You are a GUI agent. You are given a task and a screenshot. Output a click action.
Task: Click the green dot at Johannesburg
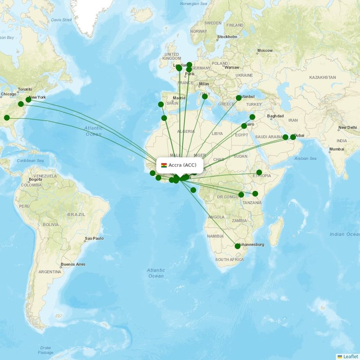click(238, 246)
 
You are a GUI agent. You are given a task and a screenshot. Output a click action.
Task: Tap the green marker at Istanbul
click(238, 98)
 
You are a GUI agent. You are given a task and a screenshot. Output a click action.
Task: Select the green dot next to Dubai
click(293, 137)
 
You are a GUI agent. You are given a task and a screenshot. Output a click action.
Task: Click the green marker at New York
click(28, 99)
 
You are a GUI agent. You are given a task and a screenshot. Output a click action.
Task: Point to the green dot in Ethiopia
click(259, 172)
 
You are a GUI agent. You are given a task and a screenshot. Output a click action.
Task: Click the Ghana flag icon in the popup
click(164, 165)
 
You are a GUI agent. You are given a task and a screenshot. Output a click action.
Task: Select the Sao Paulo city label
click(94, 238)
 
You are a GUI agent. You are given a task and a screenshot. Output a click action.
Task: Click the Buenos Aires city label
click(73, 264)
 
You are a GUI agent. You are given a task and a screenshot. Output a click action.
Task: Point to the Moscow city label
click(265, 50)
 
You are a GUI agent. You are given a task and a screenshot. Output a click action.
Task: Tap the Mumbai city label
click(336, 149)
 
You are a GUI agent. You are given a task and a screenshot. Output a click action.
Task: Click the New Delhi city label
click(348, 128)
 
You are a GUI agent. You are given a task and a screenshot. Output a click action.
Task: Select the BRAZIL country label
click(76, 215)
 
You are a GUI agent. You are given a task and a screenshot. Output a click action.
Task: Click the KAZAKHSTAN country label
click(322, 77)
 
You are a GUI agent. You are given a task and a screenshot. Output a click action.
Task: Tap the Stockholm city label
click(227, 37)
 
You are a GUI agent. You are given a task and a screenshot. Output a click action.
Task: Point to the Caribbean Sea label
click(31, 160)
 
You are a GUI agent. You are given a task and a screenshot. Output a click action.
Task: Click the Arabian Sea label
click(306, 158)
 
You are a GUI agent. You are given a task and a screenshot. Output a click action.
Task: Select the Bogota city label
click(35, 180)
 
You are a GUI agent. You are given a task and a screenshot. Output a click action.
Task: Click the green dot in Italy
click(205, 96)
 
